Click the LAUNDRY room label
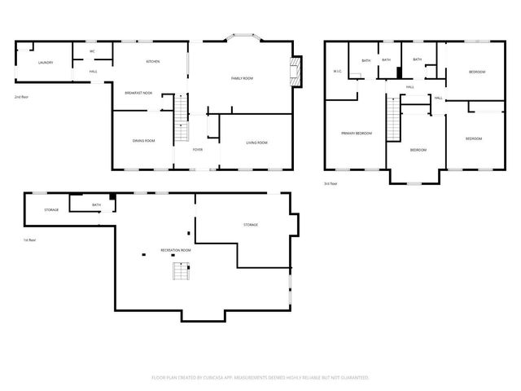coord(45,62)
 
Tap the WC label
coord(92,51)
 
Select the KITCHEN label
coord(152,62)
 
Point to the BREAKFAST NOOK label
coord(138,94)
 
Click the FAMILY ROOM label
coord(242,77)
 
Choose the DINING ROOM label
coord(144,142)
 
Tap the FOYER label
coord(198,150)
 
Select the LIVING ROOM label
coord(256,143)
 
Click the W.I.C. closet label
coord(337,72)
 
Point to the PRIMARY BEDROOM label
coord(356,133)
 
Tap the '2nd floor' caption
coord(22,97)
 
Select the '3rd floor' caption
coord(331,184)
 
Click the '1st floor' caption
coord(29,240)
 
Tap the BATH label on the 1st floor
coord(96,204)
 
